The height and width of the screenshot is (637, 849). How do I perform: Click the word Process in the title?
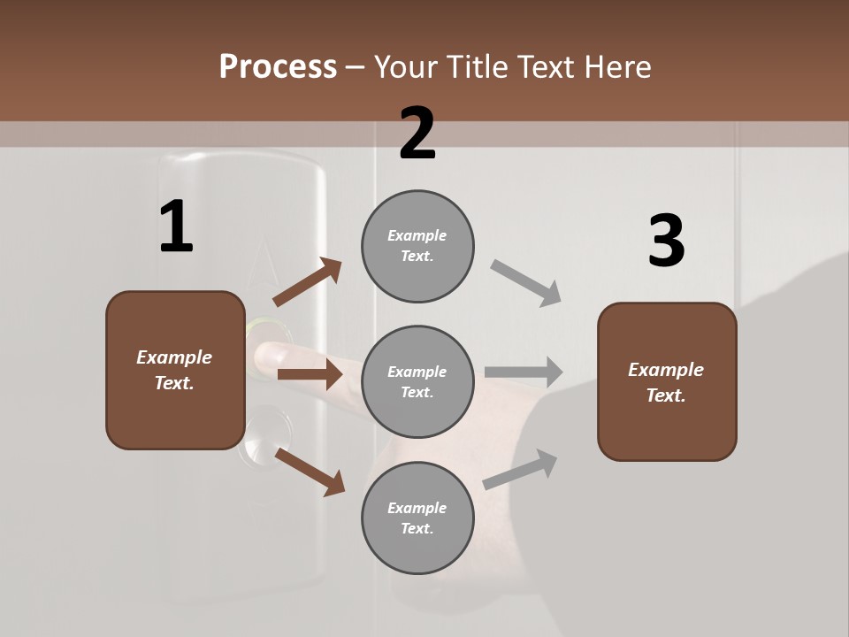tap(278, 66)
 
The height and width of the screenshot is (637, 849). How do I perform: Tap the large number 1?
tap(176, 227)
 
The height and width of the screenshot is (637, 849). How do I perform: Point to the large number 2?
tap(417, 134)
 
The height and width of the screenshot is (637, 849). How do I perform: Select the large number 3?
tap(666, 242)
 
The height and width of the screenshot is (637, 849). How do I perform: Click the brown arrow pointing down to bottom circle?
tap(310, 471)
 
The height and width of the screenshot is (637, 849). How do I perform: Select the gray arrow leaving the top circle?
tap(525, 282)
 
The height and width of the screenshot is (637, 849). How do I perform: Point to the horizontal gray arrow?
tap(523, 372)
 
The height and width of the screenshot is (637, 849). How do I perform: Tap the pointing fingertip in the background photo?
tap(265, 357)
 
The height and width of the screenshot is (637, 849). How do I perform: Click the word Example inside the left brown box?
tap(174, 357)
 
